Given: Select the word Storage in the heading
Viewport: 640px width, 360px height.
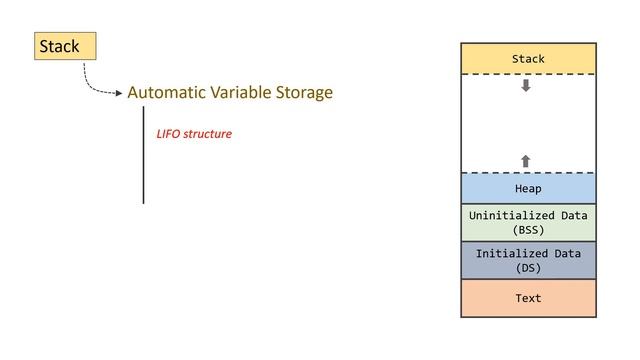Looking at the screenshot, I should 302,93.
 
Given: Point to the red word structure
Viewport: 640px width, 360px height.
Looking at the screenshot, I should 210,134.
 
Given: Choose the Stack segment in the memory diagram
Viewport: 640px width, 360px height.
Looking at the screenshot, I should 528,59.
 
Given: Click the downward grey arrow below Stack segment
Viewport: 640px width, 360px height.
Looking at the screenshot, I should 526,86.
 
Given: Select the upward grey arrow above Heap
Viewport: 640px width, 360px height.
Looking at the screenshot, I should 526,161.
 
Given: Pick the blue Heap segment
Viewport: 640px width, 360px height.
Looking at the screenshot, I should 528,188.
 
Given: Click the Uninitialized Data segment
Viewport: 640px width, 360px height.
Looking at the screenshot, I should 528,222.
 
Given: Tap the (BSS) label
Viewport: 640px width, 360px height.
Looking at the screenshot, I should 528,230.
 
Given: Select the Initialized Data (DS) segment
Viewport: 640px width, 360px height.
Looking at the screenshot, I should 528,261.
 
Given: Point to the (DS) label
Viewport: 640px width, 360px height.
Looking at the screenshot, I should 528,269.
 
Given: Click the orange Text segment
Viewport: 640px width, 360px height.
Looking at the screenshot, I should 528,298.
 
